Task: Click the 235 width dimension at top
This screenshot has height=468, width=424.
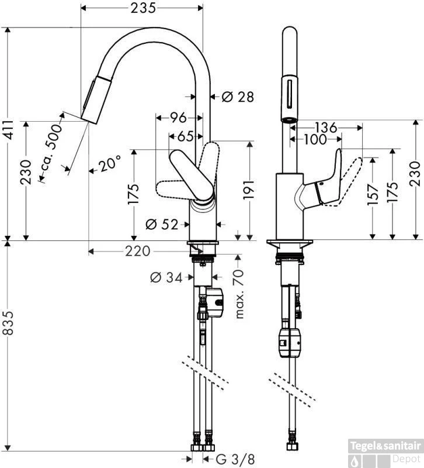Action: pos(143,8)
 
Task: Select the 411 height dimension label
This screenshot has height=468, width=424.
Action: pos(9,130)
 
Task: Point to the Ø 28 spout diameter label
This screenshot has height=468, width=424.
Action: pos(238,97)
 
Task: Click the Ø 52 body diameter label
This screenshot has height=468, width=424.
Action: pos(162,224)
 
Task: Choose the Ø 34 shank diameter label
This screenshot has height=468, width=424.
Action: pos(166,277)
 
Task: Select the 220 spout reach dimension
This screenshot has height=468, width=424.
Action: pos(137,252)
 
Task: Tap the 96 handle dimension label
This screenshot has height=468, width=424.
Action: pos(178,118)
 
